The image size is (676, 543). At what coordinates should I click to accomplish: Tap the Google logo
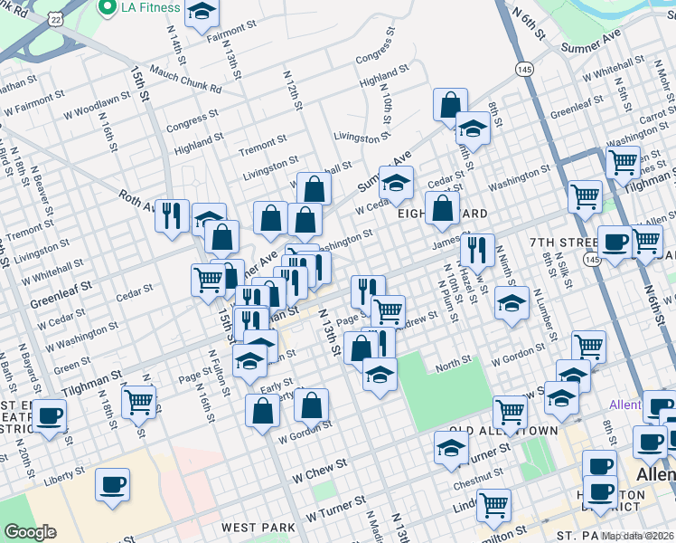pos(31,532)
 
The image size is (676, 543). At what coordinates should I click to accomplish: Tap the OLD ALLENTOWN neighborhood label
pos(501,432)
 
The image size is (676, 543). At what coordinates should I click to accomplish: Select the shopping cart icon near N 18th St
pos(138,401)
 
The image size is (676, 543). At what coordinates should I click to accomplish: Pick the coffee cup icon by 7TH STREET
pos(615,243)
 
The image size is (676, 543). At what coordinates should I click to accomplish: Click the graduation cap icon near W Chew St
pos(452,448)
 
